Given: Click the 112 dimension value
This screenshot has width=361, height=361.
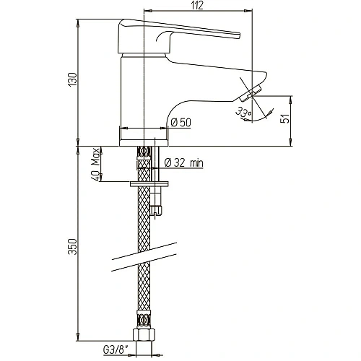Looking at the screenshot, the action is click(197, 6).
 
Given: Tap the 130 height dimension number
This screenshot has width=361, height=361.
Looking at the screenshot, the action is click(72, 79).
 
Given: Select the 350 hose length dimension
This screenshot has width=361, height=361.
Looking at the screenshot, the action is click(72, 246).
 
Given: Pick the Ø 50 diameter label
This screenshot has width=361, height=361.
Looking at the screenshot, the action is click(180, 123).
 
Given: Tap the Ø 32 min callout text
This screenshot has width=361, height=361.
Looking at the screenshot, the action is click(184, 163).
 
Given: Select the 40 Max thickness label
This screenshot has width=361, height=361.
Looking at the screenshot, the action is click(95, 164).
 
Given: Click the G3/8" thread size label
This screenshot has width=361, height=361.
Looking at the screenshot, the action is click(115, 350).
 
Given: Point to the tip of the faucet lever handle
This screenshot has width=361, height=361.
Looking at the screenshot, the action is click(240, 35).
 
